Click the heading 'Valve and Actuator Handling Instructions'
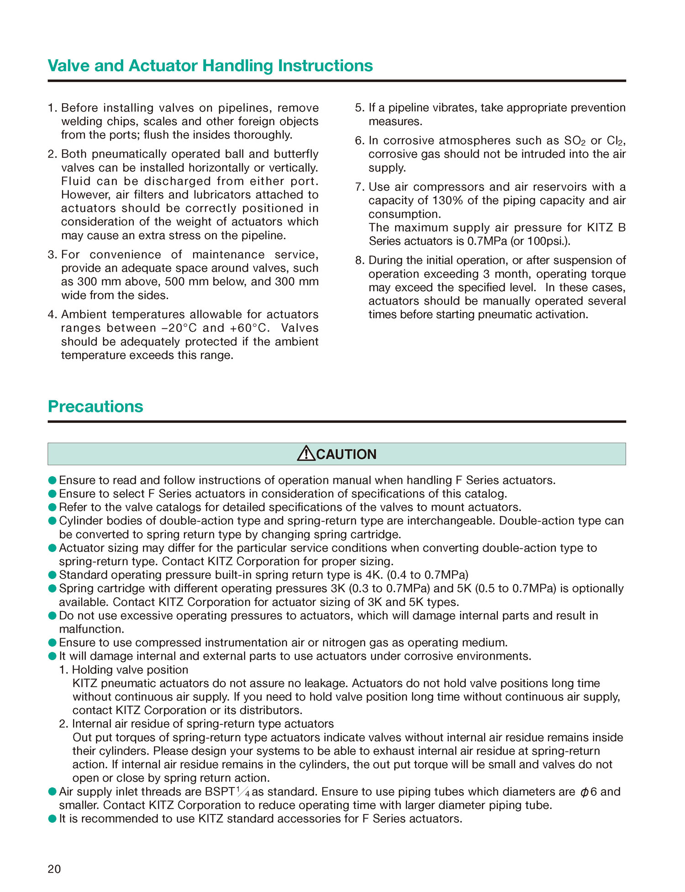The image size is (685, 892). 210,66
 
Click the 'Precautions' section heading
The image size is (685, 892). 95,406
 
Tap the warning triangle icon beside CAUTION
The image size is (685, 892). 306,454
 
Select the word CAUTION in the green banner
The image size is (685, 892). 346,454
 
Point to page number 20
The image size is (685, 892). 54,869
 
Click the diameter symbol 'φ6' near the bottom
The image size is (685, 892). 588,792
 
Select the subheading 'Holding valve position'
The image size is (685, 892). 130,670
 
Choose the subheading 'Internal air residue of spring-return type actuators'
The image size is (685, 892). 203,724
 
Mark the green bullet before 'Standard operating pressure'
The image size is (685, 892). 52,575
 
